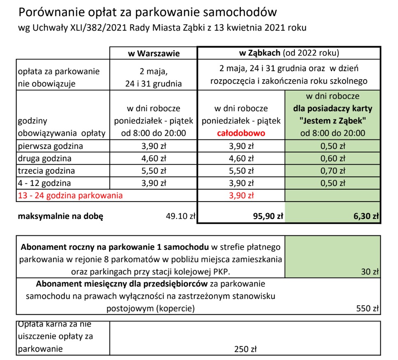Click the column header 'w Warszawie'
coord(153,53)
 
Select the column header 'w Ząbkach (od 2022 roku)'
coord(289,53)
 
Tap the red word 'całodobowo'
coord(241,133)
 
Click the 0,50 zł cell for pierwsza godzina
coord(333,146)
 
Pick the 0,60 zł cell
coord(333,158)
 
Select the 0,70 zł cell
coord(333,171)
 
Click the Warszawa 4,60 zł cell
coord(153,158)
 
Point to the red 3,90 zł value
coord(241,195)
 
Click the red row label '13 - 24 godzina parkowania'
coord(70,195)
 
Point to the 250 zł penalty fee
coord(245,349)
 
